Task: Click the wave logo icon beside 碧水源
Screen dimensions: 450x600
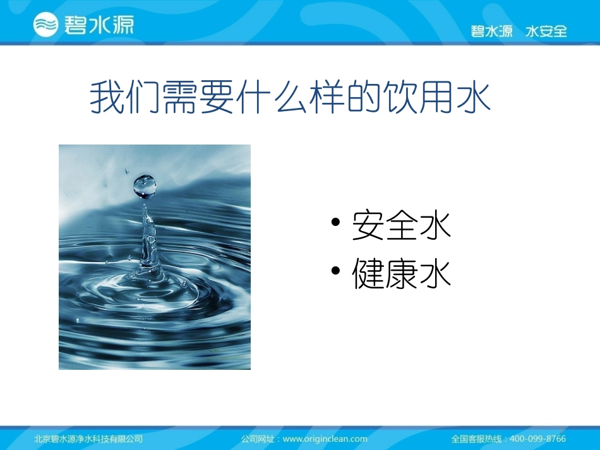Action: (x=45, y=25)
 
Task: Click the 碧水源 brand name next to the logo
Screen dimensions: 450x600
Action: (x=98, y=25)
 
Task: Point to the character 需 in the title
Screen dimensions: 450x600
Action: (x=181, y=98)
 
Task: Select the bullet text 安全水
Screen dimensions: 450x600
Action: (x=402, y=225)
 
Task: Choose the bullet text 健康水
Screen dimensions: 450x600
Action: (x=402, y=275)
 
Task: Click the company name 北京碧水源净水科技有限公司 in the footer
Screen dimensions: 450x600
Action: (x=88, y=439)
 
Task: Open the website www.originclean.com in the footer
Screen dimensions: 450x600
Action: (x=325, y=439)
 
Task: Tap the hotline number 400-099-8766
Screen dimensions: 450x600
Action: (x=537, y=439)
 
